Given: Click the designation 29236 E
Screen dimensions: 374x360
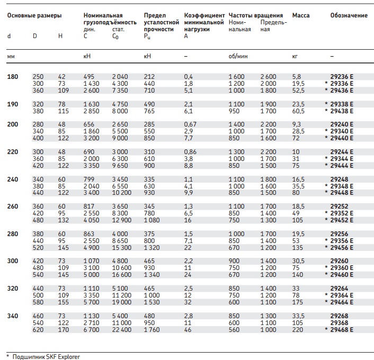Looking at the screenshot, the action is coord(342,77).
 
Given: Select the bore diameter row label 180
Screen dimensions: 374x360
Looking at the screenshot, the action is coord(13,77).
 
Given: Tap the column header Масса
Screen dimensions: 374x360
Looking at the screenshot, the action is coord(301,15).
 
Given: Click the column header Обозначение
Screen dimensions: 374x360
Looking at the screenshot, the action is coord(349,15).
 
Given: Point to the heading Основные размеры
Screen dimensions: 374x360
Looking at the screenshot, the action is coord(34,15).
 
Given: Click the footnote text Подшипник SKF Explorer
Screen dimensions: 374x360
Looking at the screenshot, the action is coord(46,357).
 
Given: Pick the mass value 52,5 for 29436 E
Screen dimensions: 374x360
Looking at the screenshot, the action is coord(298,91).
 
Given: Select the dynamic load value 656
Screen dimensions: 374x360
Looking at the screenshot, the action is coord(89,124).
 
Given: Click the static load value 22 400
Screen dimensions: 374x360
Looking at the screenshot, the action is coord(122,330).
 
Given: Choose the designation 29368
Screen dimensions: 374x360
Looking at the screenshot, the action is coord(339,323).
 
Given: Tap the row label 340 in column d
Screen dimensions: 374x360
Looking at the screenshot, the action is coord(13,316).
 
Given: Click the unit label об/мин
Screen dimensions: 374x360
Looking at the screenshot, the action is coord(238,56).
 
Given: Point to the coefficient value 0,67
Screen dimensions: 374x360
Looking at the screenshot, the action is coord(190,124).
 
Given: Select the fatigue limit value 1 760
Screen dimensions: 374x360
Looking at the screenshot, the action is coord(152,330).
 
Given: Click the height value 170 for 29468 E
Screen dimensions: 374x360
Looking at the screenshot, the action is coord(64,330).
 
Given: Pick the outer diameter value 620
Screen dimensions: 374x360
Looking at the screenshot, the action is coord(38,330).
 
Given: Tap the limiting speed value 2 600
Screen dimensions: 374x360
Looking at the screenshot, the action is coord(268,77).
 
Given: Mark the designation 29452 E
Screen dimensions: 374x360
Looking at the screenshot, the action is coord(342,220).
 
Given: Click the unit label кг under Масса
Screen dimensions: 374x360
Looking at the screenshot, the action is coord(295,57).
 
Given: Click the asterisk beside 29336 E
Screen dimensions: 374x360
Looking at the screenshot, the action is coord(326,83).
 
